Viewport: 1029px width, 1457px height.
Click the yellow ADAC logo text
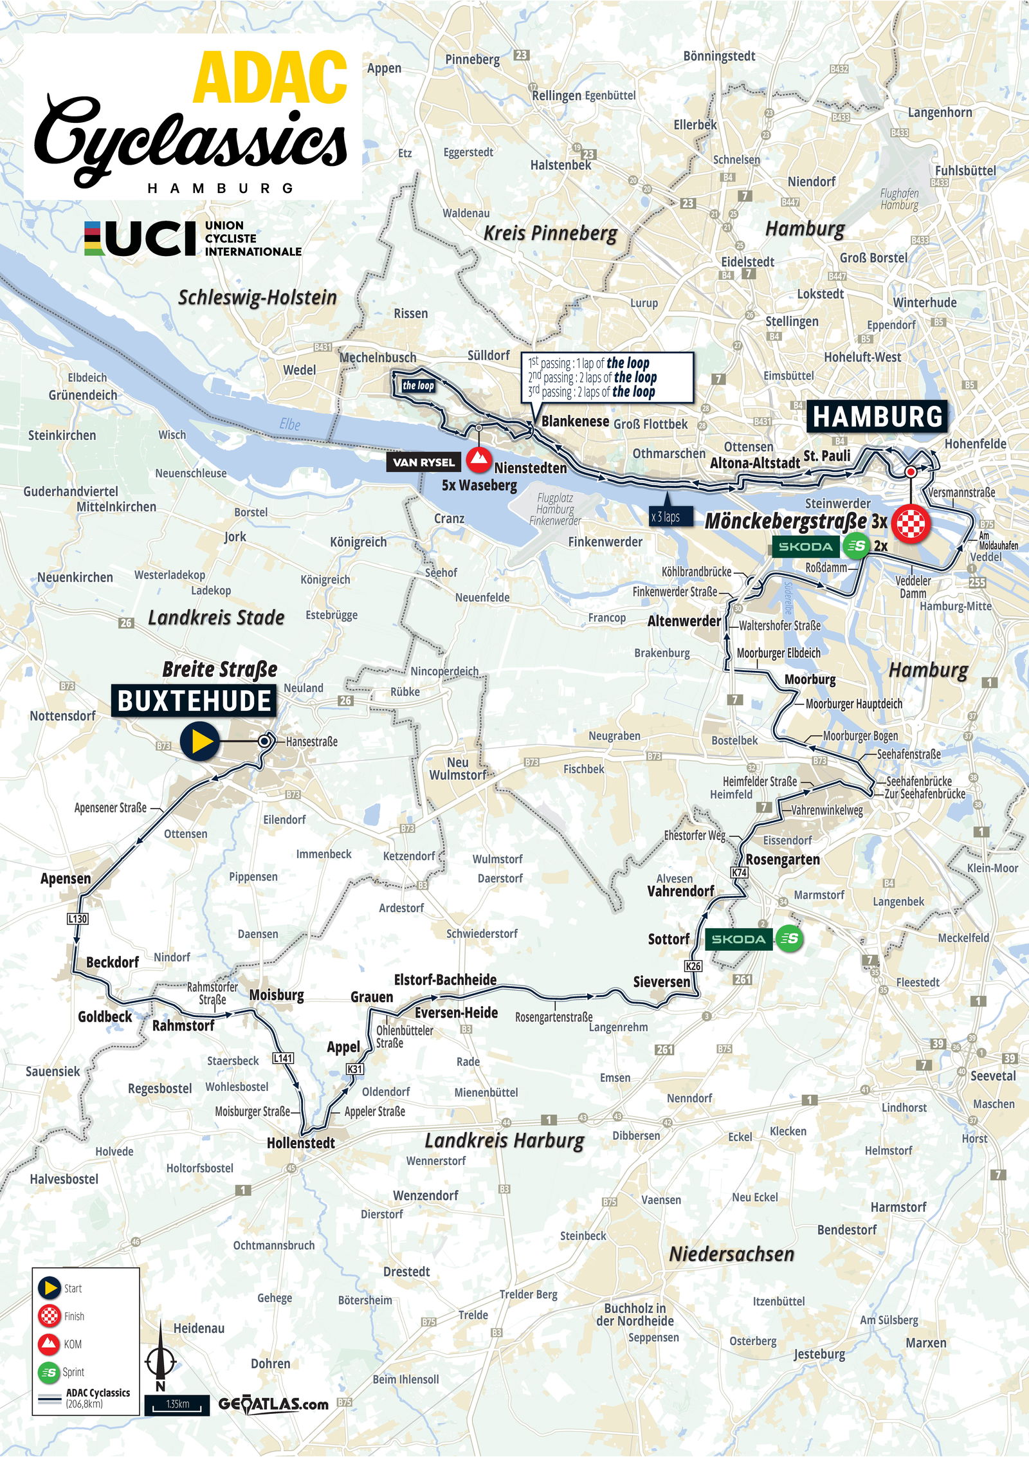(270, 78)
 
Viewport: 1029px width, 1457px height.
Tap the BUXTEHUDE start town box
(194, 701)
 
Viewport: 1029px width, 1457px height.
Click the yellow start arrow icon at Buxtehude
(200, 742)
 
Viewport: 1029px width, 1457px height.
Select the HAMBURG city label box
(877, 417)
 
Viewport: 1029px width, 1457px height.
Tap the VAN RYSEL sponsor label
(424, 462)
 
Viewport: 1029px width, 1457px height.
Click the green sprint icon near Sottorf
(789, 939)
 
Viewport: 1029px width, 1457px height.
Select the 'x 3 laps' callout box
(666, 517)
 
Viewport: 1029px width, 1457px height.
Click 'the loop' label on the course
(418, 385)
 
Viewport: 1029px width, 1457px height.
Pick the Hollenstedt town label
(301, 1143)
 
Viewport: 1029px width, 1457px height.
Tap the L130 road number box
(77, 919)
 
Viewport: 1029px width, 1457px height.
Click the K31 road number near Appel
(354, 1068)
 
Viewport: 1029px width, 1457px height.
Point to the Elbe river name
(290, 424)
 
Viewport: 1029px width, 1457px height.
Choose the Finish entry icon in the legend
(50, 1316)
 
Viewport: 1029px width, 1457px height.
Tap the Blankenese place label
(575, 421)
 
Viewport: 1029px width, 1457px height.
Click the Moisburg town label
(277, 995)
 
